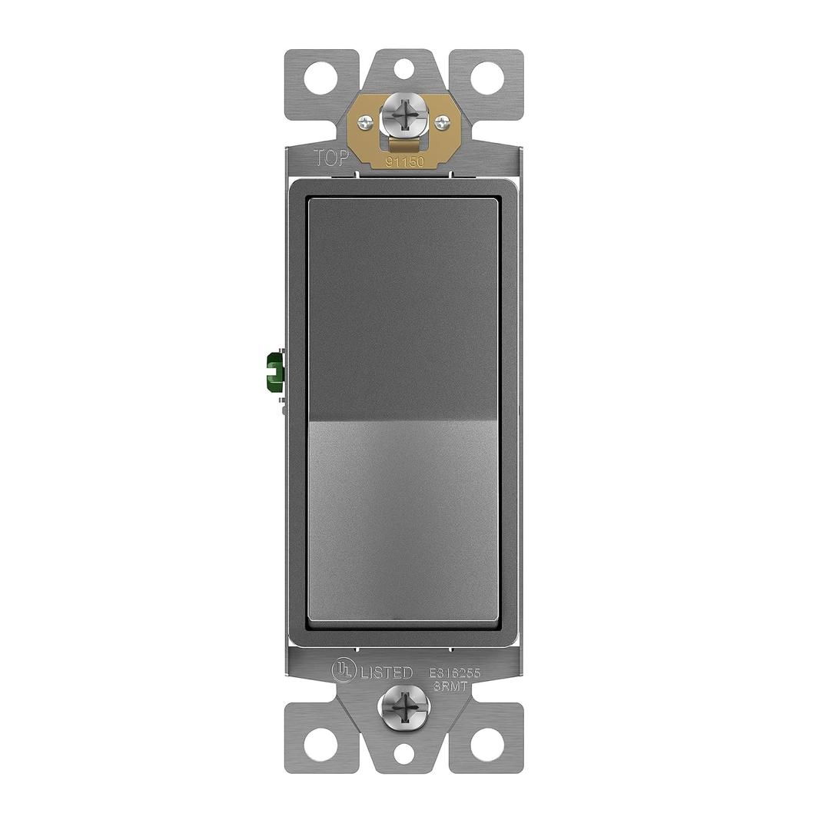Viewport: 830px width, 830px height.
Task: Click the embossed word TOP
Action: pos(332,158)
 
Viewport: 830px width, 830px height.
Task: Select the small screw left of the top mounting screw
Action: pos(366,121)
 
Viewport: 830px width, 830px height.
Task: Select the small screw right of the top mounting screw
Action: pos(442,121)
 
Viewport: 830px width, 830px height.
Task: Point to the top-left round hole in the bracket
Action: pos(320,78)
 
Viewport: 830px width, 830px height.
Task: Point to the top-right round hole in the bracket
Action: pos(487,78)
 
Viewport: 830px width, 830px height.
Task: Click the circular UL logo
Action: pos(343,670)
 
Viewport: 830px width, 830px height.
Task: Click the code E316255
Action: pos(454,672)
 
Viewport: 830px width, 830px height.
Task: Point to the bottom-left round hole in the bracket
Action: pos(320,743)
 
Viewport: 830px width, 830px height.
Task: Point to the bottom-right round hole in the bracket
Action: pos(487,743)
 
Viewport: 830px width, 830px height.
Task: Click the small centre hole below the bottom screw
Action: pos(403,753)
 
